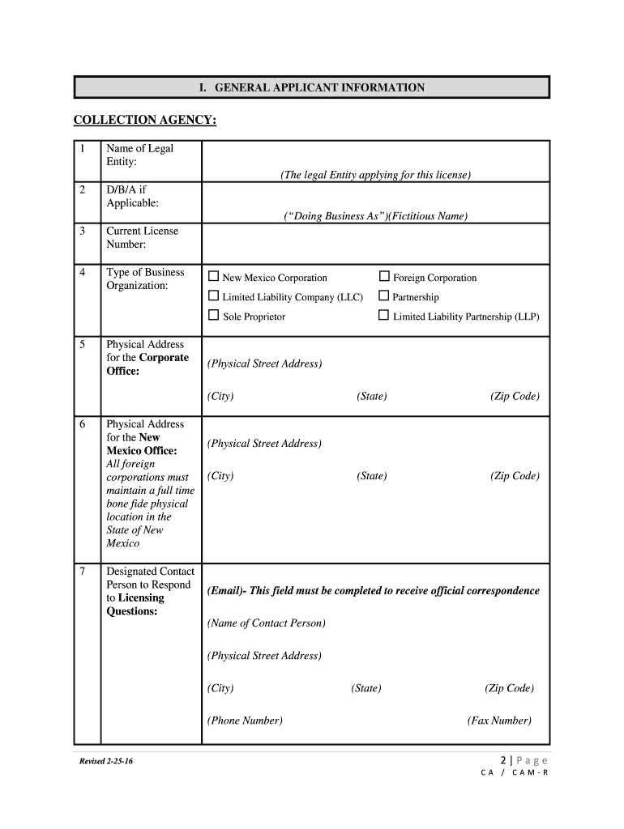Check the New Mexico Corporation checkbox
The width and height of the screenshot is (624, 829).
pyautogui.click(x=214, y=277)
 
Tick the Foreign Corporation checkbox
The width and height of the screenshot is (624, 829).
pyautogui.click(x=384, y=277)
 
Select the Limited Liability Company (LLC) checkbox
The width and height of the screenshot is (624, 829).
pyautogui.click(x=214, y=296)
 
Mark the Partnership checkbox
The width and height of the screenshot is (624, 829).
pyautogui.click(x=384, y=296)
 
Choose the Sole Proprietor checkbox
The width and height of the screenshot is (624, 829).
pyautogui.click(x=214, y=316)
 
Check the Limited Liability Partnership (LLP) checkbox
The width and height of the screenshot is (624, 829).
pyautogui.click(x=384, y=316)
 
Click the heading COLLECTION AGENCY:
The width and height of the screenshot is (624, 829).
pyautogui.click(x=145, y=120)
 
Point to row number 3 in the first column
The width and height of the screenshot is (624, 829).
pyautogui.click(x=83, y=231)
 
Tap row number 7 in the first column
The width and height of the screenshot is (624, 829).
pyautogui.click(x=83, y=572)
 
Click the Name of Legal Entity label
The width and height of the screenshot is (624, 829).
pyautogui.click(x=139, y=155)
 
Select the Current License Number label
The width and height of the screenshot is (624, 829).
pyautogui.click(x=143, y=237)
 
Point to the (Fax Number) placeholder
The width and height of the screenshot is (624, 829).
pyautogui.click(x=499, y=721)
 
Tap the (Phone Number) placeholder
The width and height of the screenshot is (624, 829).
pyautogui.click(x=245, y=721)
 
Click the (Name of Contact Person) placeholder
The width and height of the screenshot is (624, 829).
pyautogui.click(x=267, y=623)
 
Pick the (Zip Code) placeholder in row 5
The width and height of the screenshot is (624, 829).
pyautogui.click(x=514, y=397)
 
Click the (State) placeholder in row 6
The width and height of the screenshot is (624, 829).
pyautogui.click(x=371, y=476)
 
